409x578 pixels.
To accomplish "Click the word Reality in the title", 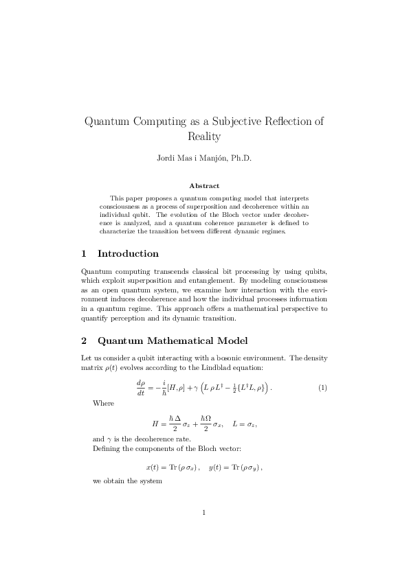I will click(x=204, y=137).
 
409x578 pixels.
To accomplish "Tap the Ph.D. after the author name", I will click(x=240, y=159).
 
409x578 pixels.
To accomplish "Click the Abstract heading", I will click(x=204, y=185).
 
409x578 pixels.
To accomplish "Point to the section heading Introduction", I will click(x=128, y=253).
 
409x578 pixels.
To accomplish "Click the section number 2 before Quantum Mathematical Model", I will click(x=84, y=340).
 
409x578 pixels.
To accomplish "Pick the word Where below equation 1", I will click(x=103, y=403).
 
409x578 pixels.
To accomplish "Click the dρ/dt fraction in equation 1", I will click(x=142, y=388).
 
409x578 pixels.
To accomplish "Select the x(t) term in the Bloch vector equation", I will click(x=153, y=467).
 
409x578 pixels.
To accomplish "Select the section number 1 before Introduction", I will click(x=84, y=253).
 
